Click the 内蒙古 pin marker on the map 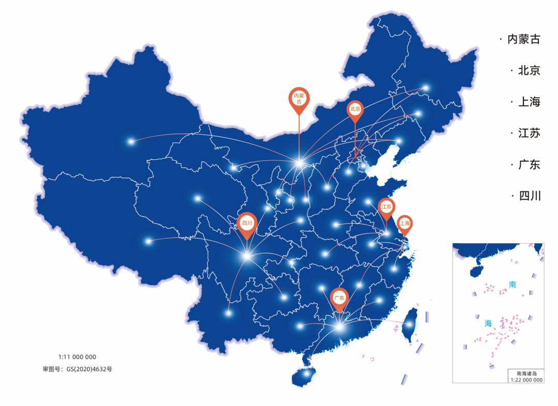pos(299,99)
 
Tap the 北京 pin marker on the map pos(355,110)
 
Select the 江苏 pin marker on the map pos(386,207)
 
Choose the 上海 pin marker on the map pos(404,224)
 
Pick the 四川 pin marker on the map pos(247,224)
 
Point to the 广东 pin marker pos(339,298)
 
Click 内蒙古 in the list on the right pos(523,39)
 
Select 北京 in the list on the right pos(529,71)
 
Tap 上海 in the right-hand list pos(529,102)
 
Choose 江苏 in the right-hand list pos(529,133)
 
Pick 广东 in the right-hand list pos(529,165)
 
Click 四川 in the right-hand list pos(529,196)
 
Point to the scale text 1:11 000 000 pos(77,357)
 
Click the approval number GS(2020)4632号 pos(78,369)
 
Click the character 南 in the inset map pos(512,284)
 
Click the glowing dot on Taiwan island pos(409,325)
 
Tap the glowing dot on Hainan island pos(308,372)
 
